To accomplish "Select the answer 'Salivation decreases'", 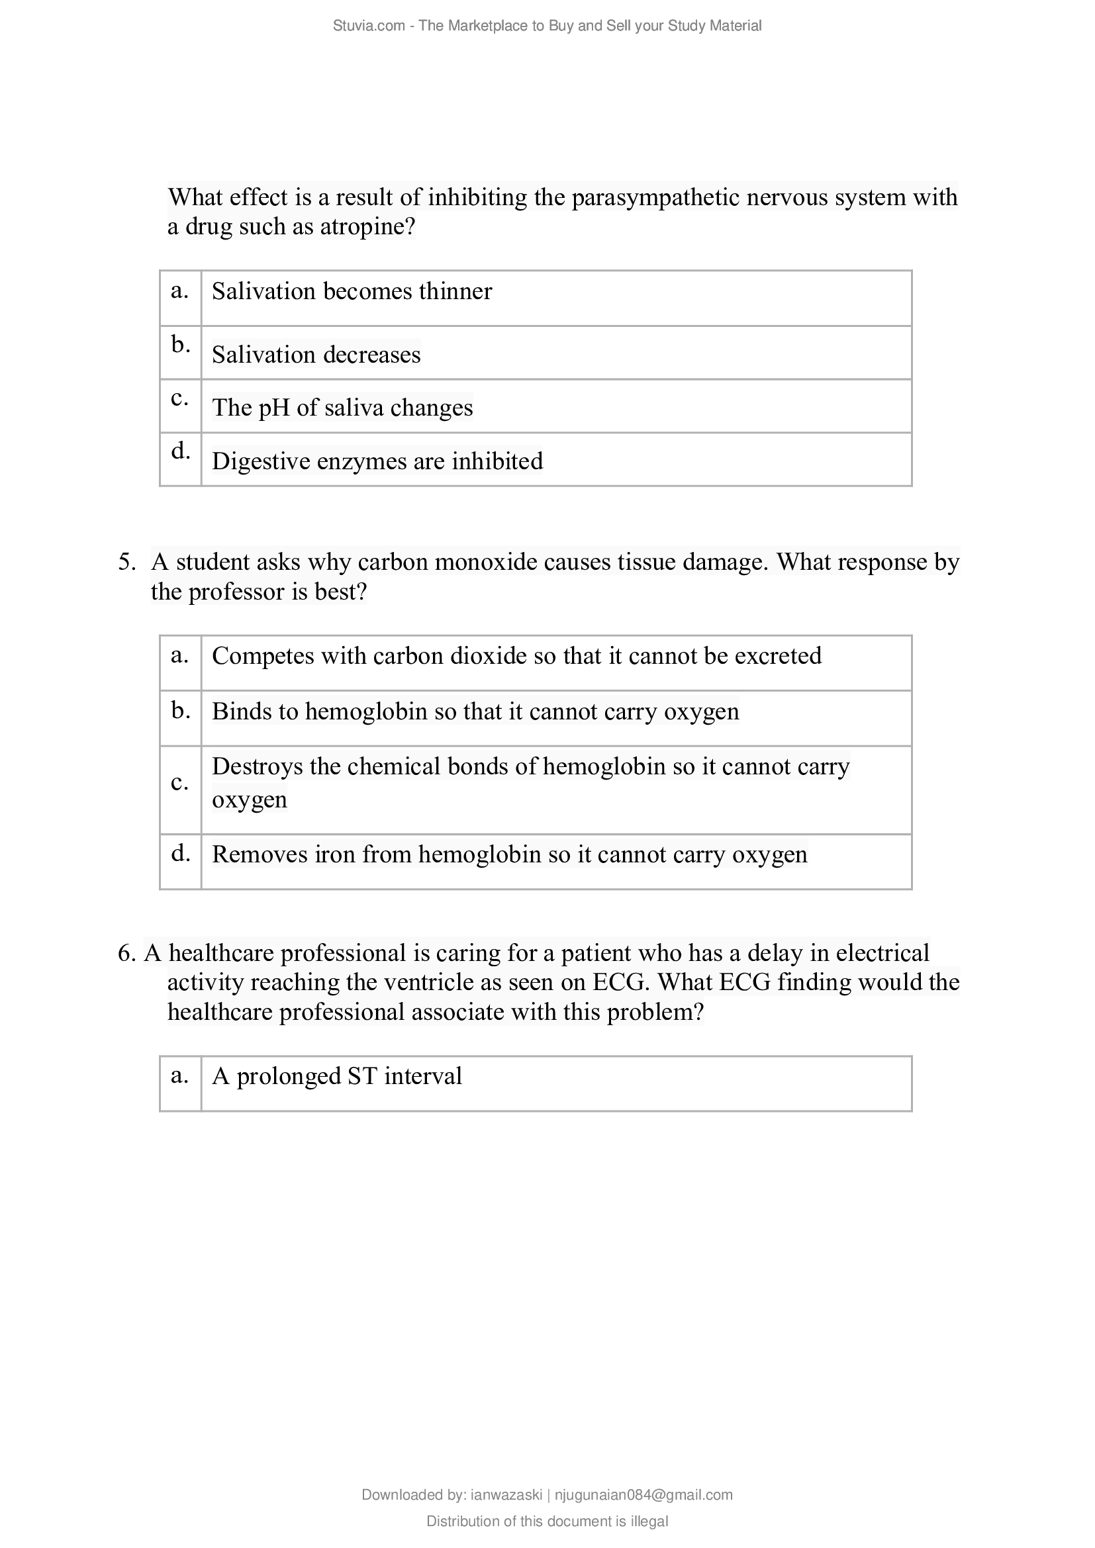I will tap(316, 355).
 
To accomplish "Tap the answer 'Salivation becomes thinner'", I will tap(352, 291).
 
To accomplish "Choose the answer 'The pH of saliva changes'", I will tap(342, 408).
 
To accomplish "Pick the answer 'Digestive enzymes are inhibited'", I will tap(377, 461).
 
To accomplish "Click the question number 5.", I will tap(126, 563).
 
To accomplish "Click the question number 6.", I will tap(126, 953).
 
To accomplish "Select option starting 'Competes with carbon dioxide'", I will tap(516, 656).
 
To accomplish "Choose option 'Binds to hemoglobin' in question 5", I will tap(475, 711).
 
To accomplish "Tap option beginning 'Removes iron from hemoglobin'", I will tap(509, 854).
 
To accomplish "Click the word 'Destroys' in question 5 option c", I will tap(257, 766).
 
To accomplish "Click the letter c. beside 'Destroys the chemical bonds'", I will tap(179, 783).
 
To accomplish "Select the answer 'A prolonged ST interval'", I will tap(336, 1075).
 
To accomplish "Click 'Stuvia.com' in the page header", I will tap(368, 26).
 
